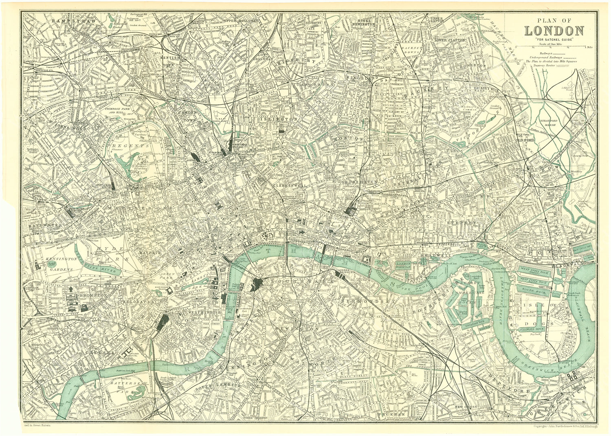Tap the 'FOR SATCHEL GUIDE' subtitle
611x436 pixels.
coord(554,39)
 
